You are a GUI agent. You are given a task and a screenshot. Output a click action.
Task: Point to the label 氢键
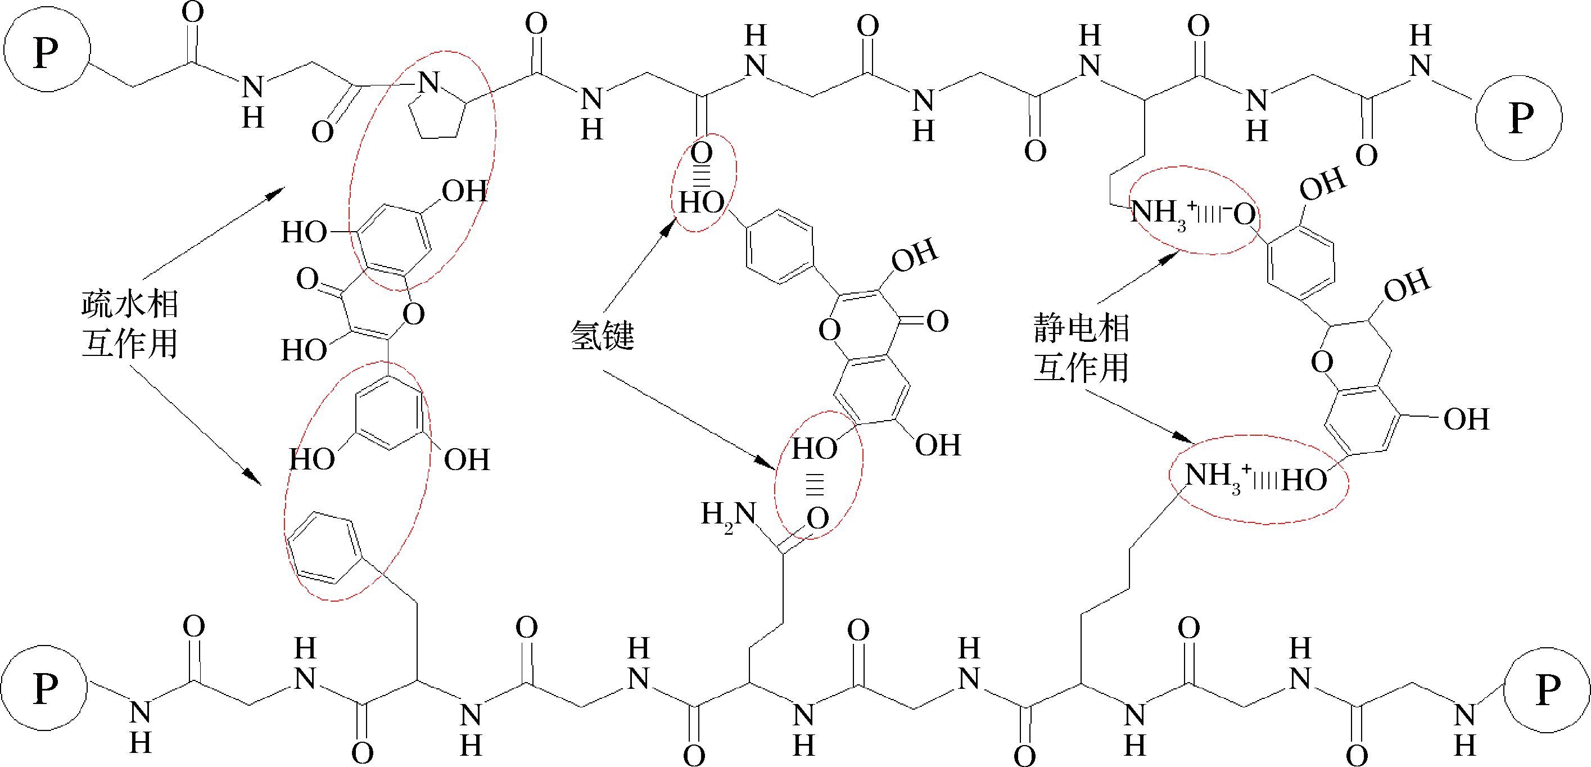point(602,337)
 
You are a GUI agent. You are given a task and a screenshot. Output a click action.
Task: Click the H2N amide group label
point(729,516)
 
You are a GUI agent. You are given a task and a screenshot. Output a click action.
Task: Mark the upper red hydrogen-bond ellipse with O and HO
point(703,183)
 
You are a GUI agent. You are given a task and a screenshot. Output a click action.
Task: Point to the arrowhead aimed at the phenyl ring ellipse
point(251,477)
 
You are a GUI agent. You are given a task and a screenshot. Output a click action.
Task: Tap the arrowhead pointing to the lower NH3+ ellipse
point(1183,438)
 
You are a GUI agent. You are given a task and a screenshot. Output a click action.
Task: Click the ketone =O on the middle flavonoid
point(937,321)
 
